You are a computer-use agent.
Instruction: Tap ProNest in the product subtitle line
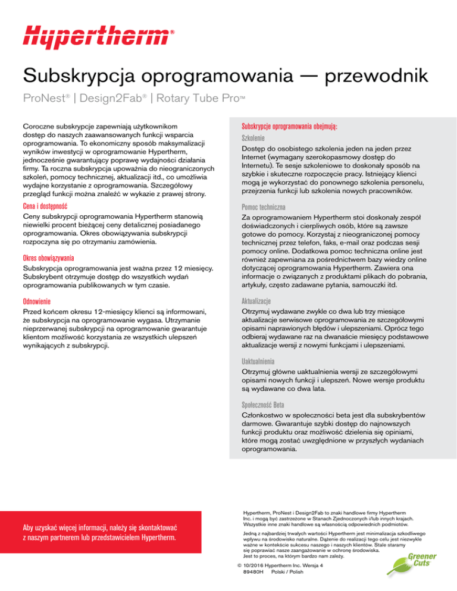[x=44, y=98]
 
